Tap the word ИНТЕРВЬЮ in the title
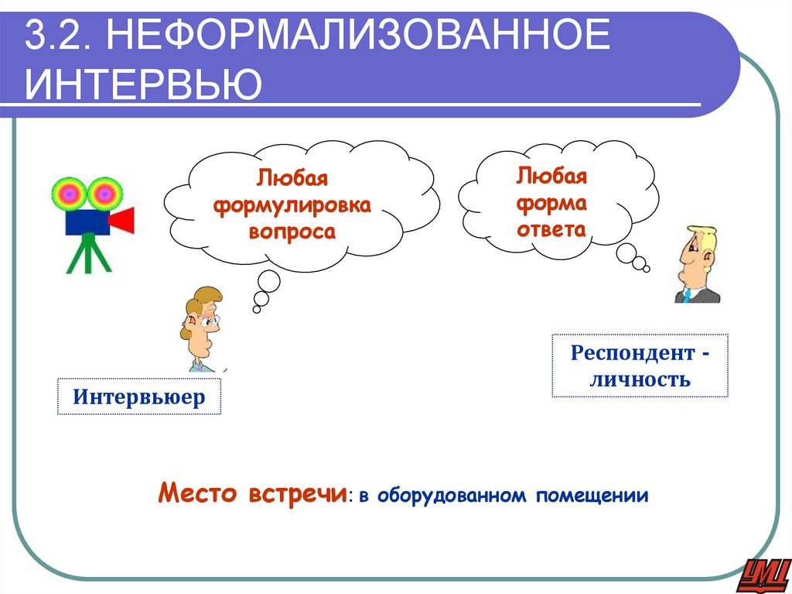coord(142,83)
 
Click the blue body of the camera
coord(84,220)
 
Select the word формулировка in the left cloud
coord(292,206)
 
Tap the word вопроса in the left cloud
coord(292,232)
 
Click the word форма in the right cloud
coord(552,203)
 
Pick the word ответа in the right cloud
coord(552,229)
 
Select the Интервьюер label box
coord(139,397)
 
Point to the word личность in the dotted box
coord(640,379)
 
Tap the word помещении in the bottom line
coord(594,495)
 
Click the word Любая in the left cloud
coord(293,179)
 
